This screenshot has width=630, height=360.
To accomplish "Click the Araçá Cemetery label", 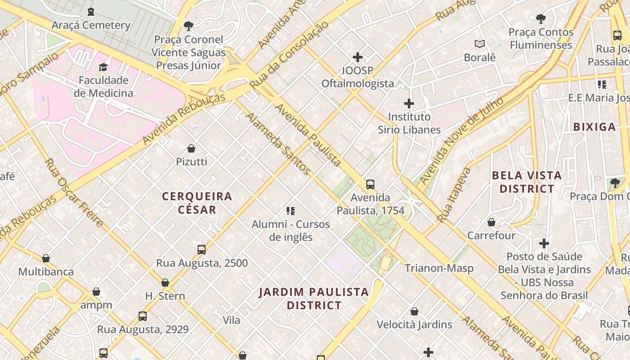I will (x=91, y=25).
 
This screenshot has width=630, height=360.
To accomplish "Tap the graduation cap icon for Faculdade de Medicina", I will (x=103, y=67).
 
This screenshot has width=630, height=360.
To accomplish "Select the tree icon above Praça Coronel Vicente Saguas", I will (x=188, y=26).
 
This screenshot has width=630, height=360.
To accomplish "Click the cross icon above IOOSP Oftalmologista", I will (x=358, y=57).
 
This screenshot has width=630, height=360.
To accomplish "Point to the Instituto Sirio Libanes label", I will (x=409, y=123).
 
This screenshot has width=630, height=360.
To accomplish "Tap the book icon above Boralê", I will (x=480, y=44).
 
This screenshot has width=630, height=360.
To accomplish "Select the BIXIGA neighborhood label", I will (x=594, y=127).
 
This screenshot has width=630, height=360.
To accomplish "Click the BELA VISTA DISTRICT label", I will (x=526, y=182).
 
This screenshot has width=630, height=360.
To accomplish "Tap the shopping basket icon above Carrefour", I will (x=491, y=222).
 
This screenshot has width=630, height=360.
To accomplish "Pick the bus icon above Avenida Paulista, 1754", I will (x=370, y=184).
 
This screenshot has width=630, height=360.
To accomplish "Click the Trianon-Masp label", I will (x=439, y=268).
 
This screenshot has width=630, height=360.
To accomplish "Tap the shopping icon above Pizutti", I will (x=191, y=148).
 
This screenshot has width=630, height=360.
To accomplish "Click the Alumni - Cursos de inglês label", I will (x=291, y=230).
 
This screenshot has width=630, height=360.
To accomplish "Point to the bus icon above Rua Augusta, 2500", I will (x=202, y=250).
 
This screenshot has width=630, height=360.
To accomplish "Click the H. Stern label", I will (x=165, y=296).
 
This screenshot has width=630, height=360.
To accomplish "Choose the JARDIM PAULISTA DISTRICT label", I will (x=314, y=298).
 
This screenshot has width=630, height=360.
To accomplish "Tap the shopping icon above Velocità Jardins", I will (x=414, y=311).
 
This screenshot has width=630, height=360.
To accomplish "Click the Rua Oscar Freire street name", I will (x=74, y=193).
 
